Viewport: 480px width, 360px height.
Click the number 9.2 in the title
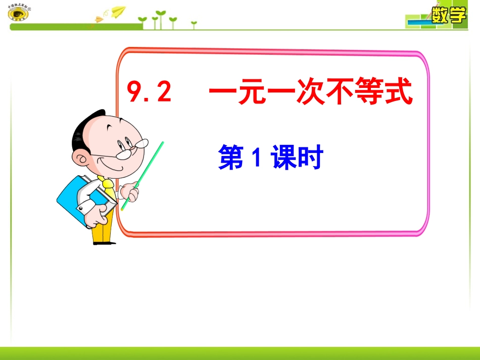pos(149,93)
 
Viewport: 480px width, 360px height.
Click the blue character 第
pos(230,159)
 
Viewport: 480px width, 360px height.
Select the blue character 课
pos(284,159)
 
